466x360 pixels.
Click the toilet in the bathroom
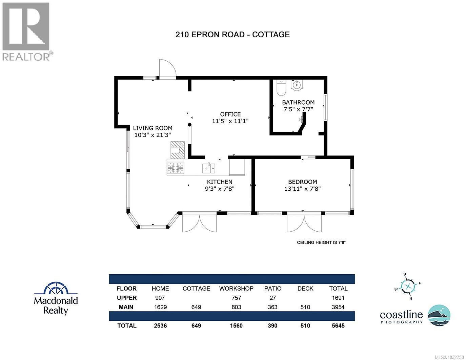pyautogui.click(x=281, y=88)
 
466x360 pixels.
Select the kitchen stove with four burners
pyautogui.click(x=176, y=168)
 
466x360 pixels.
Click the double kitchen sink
pyautogui.click(x=209, y=168)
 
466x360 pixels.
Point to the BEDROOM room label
pyautogui.click(x=302, y=182)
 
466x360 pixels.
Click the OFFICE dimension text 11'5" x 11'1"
pyautogui.click(x=230, y=121)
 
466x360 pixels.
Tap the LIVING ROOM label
pyautogui.click(x=153, y=128)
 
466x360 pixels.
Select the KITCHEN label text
pyautogui.click(x=220, y=182)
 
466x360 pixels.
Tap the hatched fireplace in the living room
pyautogui.click(x=178, y=150)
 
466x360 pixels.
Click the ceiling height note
pyautogui.click(x=321, y=242)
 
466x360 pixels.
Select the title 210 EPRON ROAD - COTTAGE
pyautogui.click(x=232, y=34)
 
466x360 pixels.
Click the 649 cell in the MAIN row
pyautogui.click(x=196, y=307)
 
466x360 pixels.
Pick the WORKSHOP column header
pyautogui.click(x=236, y=289)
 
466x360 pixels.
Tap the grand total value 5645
pyautogui.click(x=338, y=325)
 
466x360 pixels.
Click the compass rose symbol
pyautogui.click(x=408, y=287)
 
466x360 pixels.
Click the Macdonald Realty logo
pyautogui.click(x=56, y=298)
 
